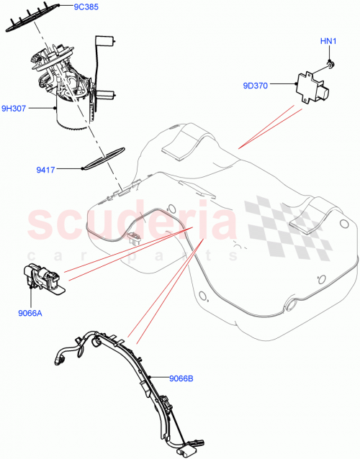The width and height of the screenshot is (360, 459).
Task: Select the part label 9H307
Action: [x=14, y=109]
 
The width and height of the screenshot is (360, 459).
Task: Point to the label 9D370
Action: [x=255, y=86]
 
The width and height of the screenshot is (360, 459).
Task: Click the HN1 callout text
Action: [x=328, y=41]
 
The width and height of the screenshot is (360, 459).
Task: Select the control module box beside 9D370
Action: [x=315, y=89]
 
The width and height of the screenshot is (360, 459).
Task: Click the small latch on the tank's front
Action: [x=132, y=237]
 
